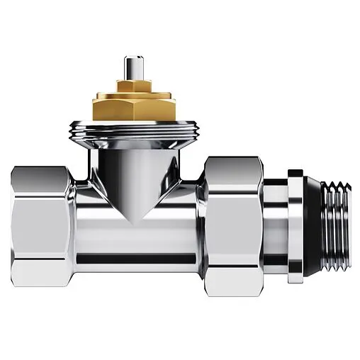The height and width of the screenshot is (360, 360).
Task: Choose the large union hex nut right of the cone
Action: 234,220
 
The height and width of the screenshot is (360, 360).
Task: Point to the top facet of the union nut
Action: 234,169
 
